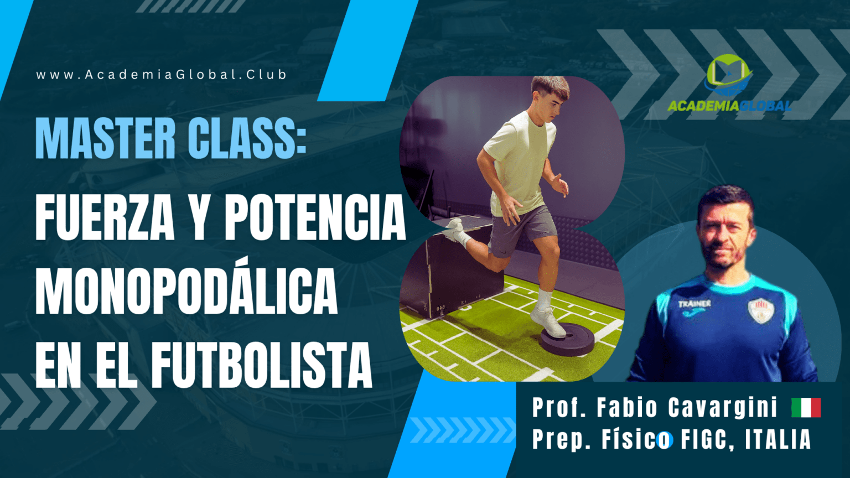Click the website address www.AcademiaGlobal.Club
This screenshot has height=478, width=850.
[161, 74]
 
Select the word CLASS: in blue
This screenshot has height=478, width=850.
[247, 138]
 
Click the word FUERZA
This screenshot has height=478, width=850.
[105, 217]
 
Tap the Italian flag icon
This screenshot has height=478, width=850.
[806, 407]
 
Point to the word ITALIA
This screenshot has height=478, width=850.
[778, 439]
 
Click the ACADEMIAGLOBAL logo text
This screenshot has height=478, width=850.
[729, 106]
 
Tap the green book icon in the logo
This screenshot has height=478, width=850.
[729, 74]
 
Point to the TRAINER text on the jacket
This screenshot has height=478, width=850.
[694, 304]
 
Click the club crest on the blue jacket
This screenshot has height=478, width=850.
[761, 311]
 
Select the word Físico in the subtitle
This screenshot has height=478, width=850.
[636, 440]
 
